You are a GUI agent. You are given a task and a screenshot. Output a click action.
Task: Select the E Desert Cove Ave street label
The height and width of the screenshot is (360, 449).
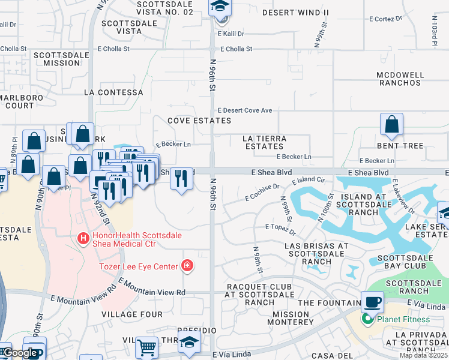(x=245, y=110)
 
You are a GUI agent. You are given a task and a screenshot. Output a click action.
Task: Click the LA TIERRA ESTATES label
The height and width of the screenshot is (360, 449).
(x=264, y=142)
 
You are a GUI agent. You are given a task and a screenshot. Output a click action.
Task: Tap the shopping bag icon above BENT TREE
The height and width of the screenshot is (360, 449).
(x=391, y=125)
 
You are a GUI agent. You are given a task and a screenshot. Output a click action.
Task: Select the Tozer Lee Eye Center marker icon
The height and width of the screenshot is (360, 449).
(x=187, y=266)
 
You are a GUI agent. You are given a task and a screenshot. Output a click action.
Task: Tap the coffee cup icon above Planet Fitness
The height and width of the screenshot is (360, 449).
(x=372, y=302)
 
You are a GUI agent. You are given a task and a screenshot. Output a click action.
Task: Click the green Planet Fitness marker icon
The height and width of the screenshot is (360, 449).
(x=366, y=320)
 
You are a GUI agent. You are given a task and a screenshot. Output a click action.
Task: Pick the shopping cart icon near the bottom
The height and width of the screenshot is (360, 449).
(x=146, y=346)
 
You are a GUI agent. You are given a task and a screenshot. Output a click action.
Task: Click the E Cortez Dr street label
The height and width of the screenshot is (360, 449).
(x=386, y=19)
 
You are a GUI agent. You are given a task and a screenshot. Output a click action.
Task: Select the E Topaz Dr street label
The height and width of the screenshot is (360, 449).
(x=280, y=229)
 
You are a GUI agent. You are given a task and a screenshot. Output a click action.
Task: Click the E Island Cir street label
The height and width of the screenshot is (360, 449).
(x=308, y=181)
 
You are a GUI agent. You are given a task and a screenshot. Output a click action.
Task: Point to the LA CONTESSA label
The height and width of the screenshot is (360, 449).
(x=114, y=92)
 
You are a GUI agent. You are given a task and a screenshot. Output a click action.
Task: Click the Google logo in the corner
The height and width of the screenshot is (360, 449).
(x=20, y=353)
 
